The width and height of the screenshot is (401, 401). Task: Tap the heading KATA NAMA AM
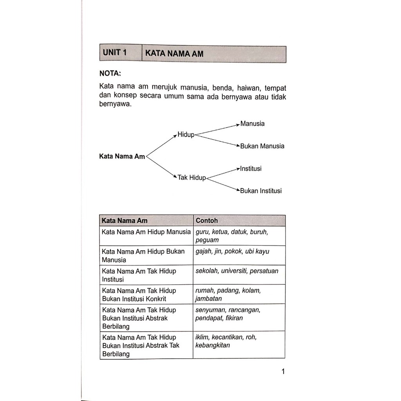[x=174, y=54]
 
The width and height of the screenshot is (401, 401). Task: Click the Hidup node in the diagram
[x=186, y=135]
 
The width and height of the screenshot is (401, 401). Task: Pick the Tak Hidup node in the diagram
[x=191, y=178]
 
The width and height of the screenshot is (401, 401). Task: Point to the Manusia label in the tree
[x=253, y=124]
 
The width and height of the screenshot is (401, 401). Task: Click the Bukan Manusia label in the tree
[x=262, y=146]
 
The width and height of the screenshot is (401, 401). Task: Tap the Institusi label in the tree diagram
[x=251, y=169]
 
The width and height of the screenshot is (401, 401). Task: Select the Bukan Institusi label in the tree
[x=260, y=191]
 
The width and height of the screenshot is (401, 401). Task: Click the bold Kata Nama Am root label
[x=122, y=156]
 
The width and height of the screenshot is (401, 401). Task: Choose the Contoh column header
[x=206, y=220]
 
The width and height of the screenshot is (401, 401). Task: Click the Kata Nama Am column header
[x=125, y=220]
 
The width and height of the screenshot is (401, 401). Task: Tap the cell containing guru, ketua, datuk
[x=239, y=236]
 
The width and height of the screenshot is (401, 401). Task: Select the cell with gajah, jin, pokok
[x=239, y=255]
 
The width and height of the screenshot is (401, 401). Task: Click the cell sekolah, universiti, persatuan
[x=239, y=275]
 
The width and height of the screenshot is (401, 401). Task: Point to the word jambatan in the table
[x=208, y=298]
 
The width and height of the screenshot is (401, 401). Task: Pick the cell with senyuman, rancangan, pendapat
[x=239, y=317]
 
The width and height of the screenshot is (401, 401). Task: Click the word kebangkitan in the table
[x=213, y=345]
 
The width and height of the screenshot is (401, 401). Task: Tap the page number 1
[x=283, y=372]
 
